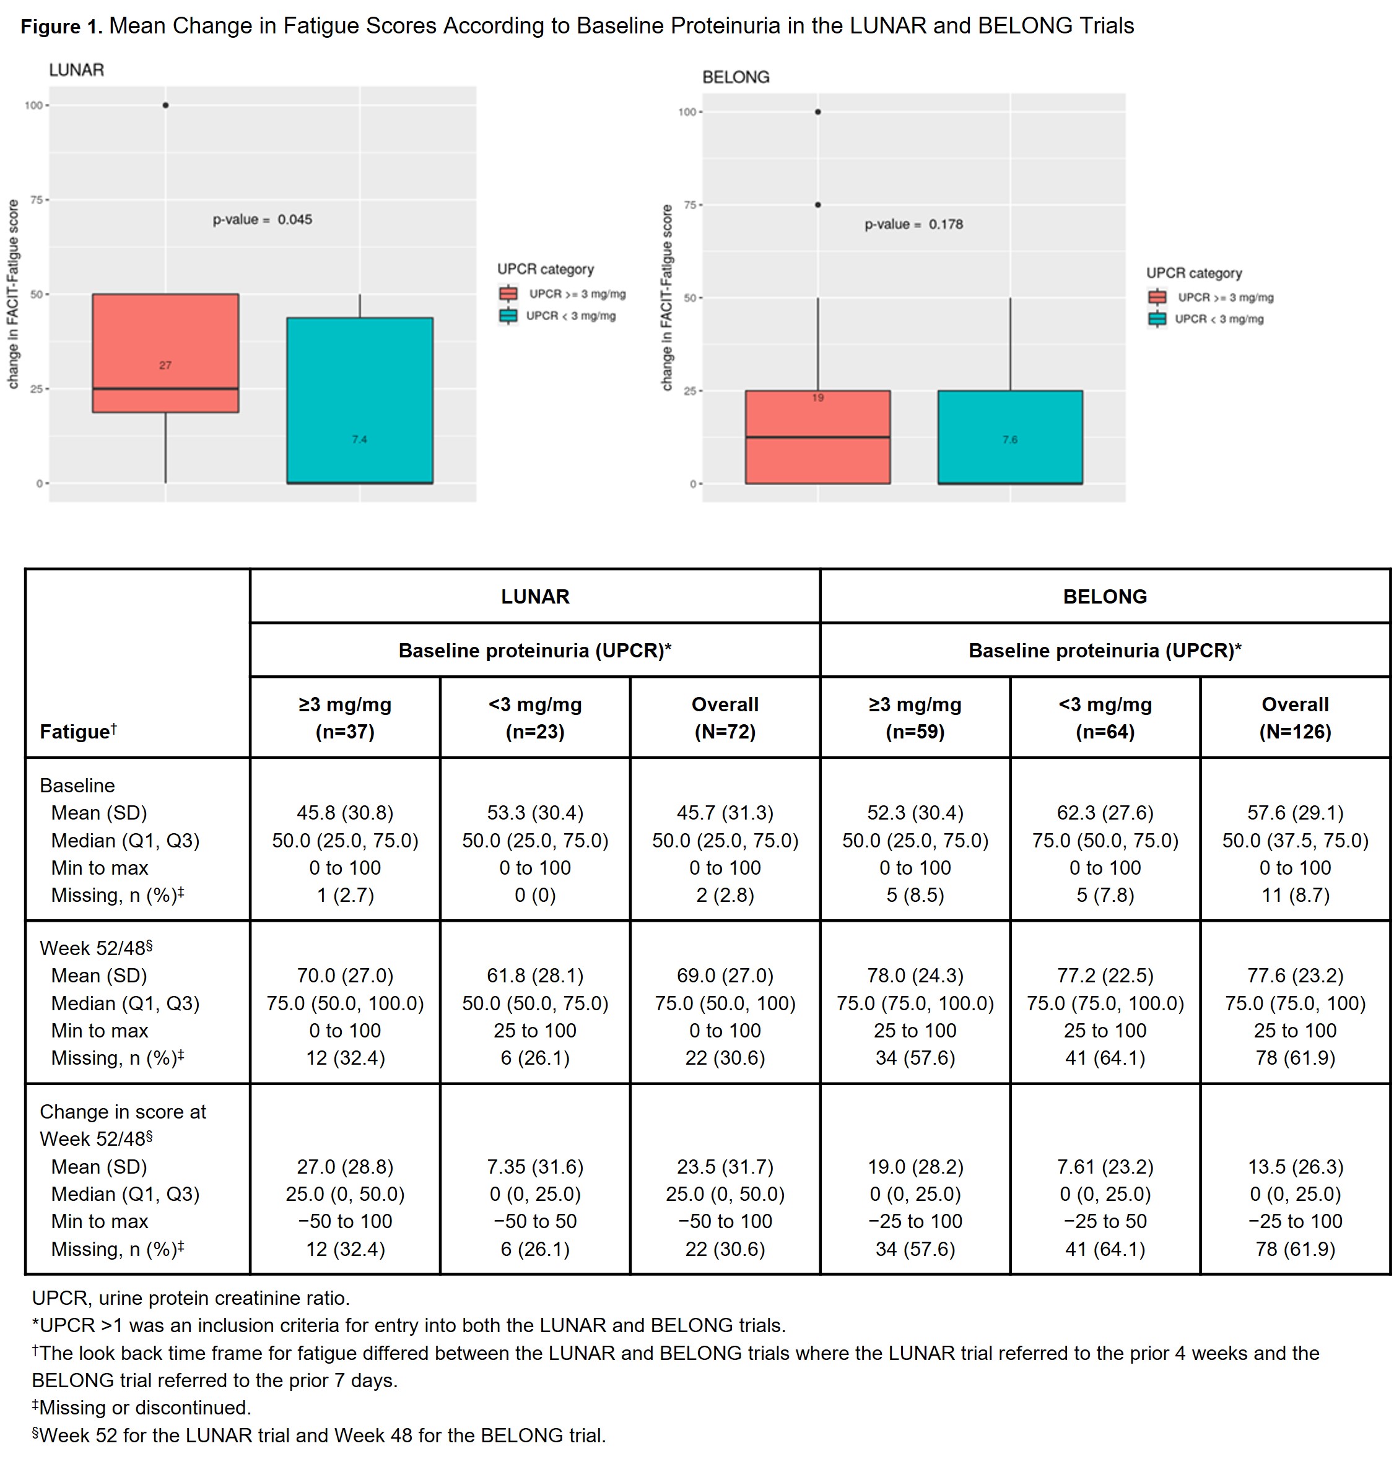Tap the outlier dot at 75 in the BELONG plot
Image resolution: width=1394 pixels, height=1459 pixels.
click(x=817, y=205)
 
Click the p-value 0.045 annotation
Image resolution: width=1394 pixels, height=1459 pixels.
click(x=263, y=220)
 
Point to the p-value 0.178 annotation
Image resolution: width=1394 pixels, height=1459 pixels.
click(x=913, y=224)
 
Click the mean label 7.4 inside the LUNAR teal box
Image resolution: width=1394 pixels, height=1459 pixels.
click(x=360, y=439)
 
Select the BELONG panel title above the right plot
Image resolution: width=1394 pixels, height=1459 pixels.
click(x=736, y=77)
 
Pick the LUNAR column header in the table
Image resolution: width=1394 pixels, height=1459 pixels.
click(x=535, y=597)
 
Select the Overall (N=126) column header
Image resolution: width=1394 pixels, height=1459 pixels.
click(x=1294, y=717)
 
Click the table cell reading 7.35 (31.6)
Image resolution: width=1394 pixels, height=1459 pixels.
click(x=535, y=1167)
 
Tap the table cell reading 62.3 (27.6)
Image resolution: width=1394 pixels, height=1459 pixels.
click(x=1105, y=813)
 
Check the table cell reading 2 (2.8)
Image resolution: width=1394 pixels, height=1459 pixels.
click(x=725, y=895)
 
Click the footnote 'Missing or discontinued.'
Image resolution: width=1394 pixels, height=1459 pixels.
click(x=142, y=1408)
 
